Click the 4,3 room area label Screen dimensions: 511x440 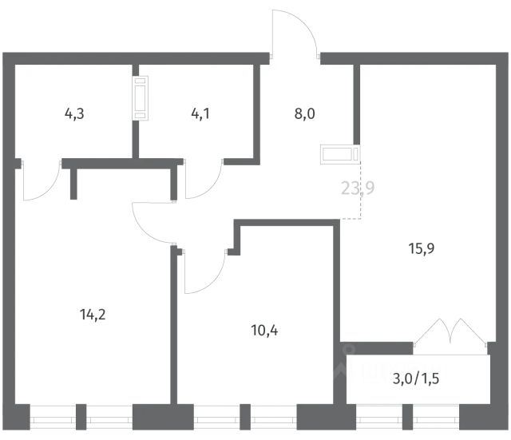pyautogui.click(x=74, y=113)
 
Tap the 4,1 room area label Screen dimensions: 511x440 pyautogui.click(x=201, y=113)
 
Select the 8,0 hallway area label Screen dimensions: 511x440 pyautogui.click(x=305, y=113)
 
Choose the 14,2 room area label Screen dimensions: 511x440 pyautogui.click(x=93, y=313)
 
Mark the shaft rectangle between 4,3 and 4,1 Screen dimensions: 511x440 pyautogui.click(x=141, y=97)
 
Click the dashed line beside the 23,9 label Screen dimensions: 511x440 pyautogui.click(x=361, y=192)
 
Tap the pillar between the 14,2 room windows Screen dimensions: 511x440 pyautogui.click(x=81, y=417)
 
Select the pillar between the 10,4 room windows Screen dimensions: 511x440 pyautogui.click(x=248, y=417)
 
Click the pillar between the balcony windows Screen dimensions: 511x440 pyautogui.click(x=408, y=417)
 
